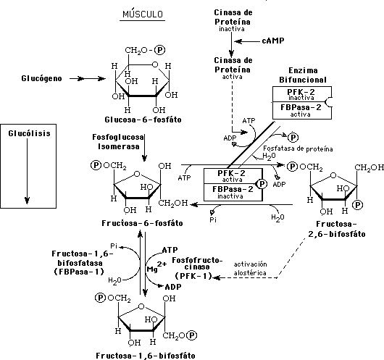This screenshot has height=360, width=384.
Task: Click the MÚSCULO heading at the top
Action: pos(143,14)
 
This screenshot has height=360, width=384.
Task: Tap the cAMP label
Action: pos(273,41)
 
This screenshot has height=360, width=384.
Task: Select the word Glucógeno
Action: pos(41,79)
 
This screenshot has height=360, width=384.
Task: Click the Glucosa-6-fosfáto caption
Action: pos(143,120)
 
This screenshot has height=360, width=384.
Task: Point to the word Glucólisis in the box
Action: pos(29,133)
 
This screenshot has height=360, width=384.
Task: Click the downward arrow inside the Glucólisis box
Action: pos(28,171)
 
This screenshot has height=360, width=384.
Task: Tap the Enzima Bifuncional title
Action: pos(303,75)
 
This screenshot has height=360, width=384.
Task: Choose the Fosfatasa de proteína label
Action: pos(298,148)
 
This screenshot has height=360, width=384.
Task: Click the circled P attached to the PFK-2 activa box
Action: pos(262,184)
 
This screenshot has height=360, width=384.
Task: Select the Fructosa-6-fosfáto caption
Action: pos(142,223)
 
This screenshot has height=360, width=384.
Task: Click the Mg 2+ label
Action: pos(156,267)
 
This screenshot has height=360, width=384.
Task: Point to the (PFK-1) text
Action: pos(193,276)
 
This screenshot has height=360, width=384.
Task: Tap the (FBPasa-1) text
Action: pos(79,272)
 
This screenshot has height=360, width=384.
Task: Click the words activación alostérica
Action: pos(250,269)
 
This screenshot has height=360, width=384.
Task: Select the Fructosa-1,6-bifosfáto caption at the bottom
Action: pos(146,356)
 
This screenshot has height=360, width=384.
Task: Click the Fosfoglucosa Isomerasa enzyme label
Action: pos(117,142)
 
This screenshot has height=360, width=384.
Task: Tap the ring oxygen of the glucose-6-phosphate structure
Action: pos(155,64)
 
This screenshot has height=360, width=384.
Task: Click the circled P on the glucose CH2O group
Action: pos(160,50)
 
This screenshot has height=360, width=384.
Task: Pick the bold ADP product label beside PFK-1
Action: pos(173,287)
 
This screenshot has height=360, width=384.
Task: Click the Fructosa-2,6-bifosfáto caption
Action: pos(337,229)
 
